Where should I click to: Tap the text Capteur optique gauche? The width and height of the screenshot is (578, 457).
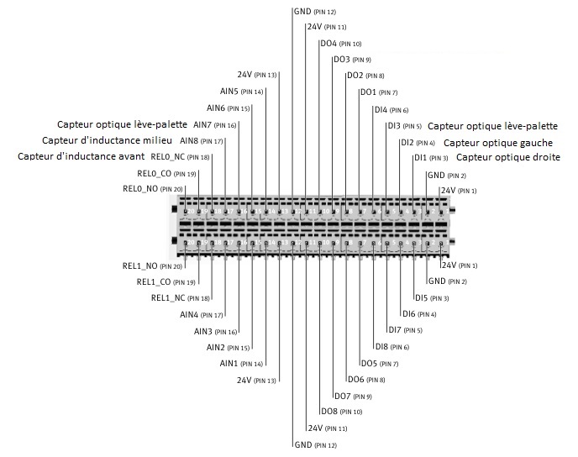coord(498,143)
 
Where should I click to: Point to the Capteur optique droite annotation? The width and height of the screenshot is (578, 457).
coord(508,157)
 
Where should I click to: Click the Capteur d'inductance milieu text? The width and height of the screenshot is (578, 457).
coord(107,140)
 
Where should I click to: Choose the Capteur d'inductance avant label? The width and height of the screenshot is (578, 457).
coord(81,156)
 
